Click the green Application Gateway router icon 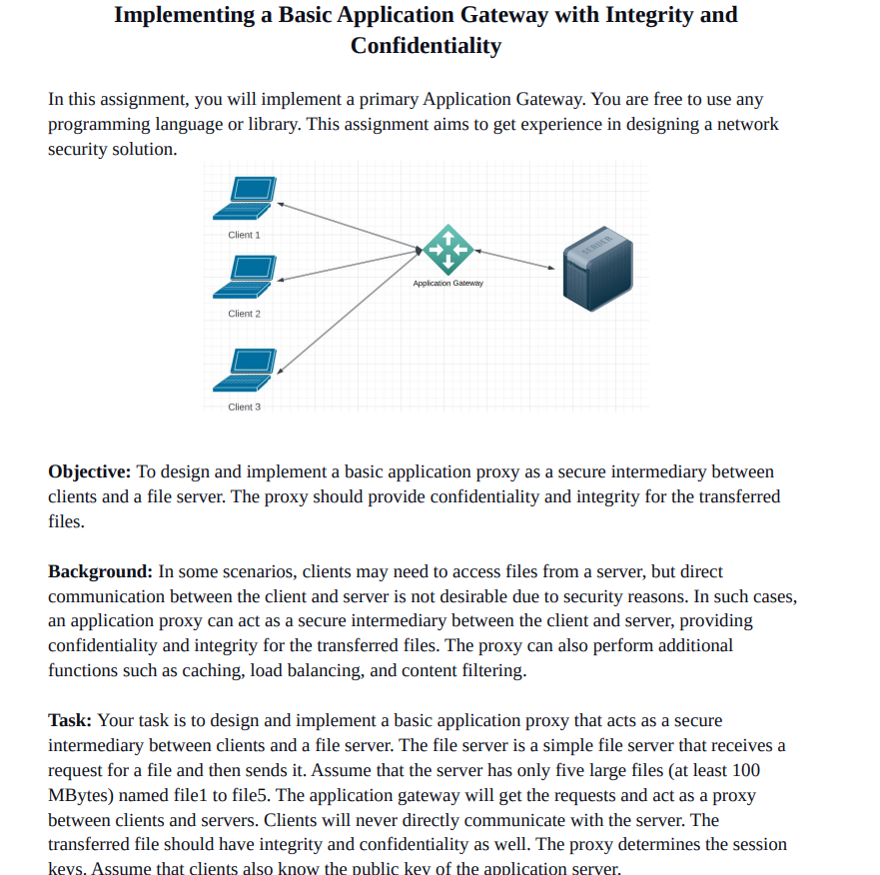tap(447, 249)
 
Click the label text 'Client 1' tap(244, 235)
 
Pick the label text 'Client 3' tap(244, 407)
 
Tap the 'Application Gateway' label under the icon tap(447, 283)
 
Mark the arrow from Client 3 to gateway tap(350, 312)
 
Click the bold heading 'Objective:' tap(90, 471)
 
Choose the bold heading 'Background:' tap(100, 571)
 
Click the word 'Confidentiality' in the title tap(426, 46)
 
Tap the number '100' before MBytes tap(746, 770)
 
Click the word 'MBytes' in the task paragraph tap(78, 795)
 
